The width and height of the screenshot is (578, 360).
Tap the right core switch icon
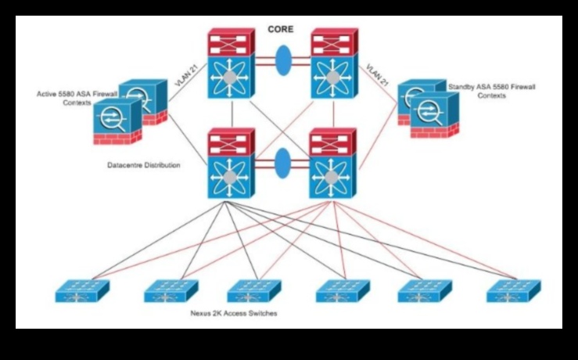pyautogui.click(x=333, y=64)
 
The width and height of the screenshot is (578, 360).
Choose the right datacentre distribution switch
pyautogui.click(x=333, y=165)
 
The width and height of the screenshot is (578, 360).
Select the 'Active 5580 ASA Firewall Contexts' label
pyautogui.click(x=73, y=99)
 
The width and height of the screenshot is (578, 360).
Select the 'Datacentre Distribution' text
pyautogui.click(x=144, y=166)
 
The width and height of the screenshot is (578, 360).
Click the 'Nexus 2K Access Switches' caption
pyautogui.click(x=234, y=313)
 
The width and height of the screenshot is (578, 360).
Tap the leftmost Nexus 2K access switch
pyautogui.click(x=81, y=290)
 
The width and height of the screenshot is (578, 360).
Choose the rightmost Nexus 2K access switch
pyautogui.click(x=513, y=290)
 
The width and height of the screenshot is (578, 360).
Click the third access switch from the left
pyautogui.click(x=254, y=290)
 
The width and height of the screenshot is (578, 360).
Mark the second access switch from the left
pyautogui.click(x=171, y=290)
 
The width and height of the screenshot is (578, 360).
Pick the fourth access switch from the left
pyautogui.click(x=343, y=290)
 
